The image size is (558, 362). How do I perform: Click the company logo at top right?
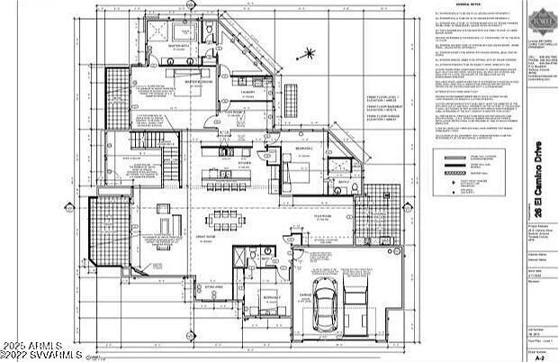click(541, 19)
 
